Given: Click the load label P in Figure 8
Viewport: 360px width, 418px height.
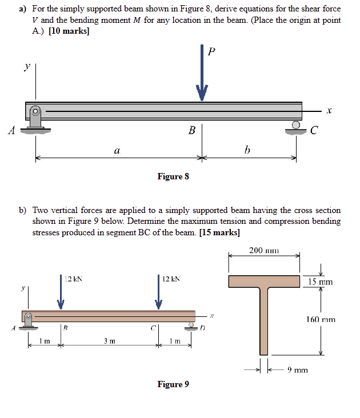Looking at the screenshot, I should tap(212, 52).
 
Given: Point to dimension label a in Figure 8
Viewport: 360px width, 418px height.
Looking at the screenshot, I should tap(116, 151).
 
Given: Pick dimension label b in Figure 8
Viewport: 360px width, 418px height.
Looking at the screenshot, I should tap(247, 151).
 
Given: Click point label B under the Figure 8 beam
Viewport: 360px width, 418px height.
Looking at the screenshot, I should tap(191, 131).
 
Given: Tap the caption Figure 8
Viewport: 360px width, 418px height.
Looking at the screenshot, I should tap(173, 176).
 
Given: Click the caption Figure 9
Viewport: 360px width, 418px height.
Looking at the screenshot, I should tap(173, 384).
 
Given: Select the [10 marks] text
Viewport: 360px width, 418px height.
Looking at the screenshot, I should tap(69, 31).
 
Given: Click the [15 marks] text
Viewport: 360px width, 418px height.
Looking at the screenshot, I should tap(219, 232).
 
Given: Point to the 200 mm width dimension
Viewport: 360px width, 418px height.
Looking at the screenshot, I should tap(264, 250).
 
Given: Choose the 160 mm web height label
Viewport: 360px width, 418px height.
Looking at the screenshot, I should tap(321, 320).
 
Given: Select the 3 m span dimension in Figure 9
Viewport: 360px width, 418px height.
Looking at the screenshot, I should tap(110, 341).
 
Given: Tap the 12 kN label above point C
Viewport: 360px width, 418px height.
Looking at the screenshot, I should tap(170, 279).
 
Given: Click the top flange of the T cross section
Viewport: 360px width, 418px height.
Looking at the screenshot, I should tap(264, 282).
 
